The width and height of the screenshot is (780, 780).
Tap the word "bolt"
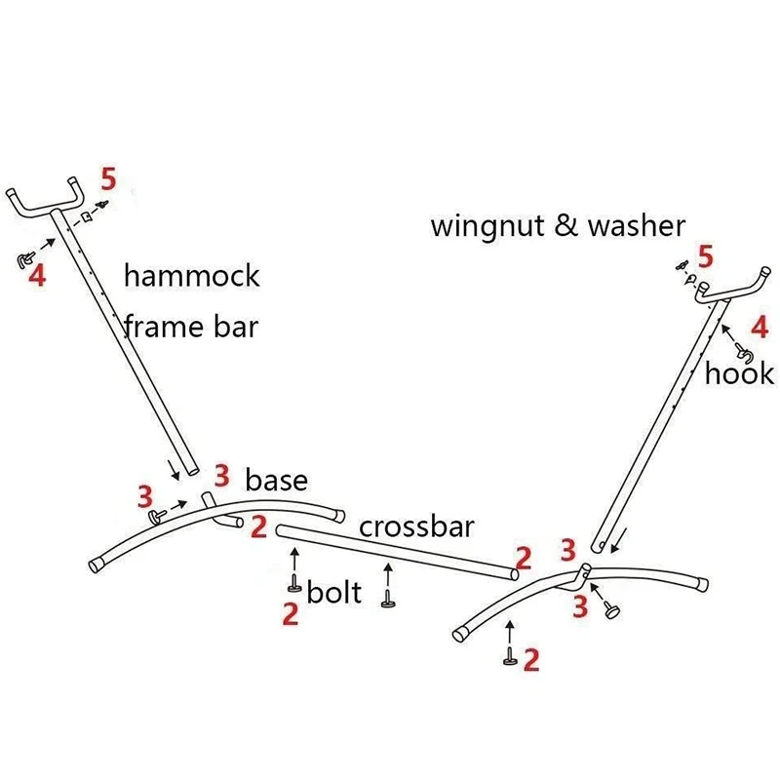[334, 592]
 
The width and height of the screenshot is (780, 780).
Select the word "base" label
[276, 480]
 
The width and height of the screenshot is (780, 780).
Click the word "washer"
[636, 226]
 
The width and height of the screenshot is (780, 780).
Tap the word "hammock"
[192, 276]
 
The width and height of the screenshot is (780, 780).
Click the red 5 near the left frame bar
[108, 179]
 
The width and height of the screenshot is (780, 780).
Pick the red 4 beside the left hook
[38, 276]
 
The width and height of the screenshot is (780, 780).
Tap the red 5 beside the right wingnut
[705, 257]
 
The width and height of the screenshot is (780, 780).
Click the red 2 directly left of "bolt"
[290, 614]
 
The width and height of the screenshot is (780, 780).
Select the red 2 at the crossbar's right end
[524, 559]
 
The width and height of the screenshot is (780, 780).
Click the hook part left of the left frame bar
[23, 257]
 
